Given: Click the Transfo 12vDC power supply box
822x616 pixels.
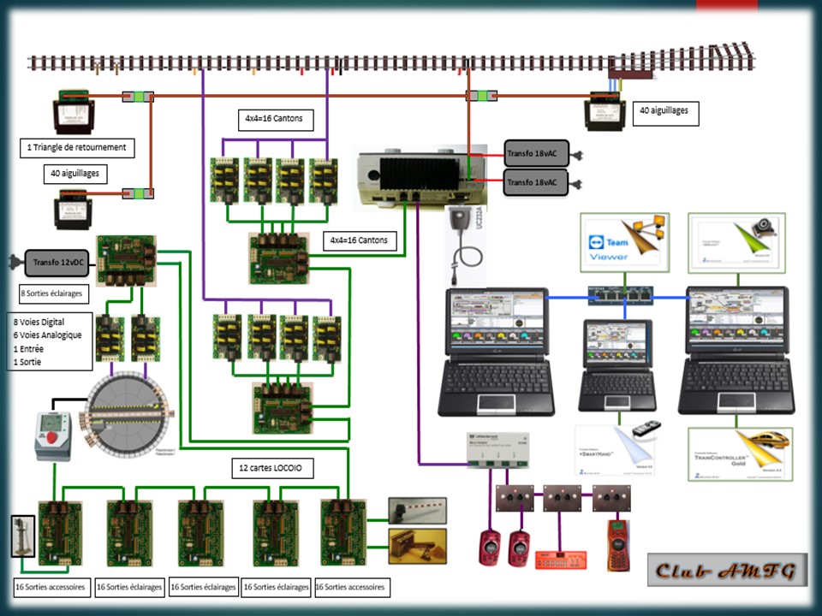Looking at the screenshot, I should click(59, 262).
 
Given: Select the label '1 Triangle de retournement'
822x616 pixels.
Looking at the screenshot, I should click(77, 147).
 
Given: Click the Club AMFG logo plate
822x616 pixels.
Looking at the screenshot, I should click(727, 569).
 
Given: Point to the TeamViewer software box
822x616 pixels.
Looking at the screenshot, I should click(624, 243).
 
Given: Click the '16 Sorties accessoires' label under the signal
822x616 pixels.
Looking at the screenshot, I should click(50, 588).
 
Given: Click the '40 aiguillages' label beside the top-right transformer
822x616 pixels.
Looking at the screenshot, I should click(664, 110).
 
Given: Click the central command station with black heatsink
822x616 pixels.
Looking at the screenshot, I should click(416, 176).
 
